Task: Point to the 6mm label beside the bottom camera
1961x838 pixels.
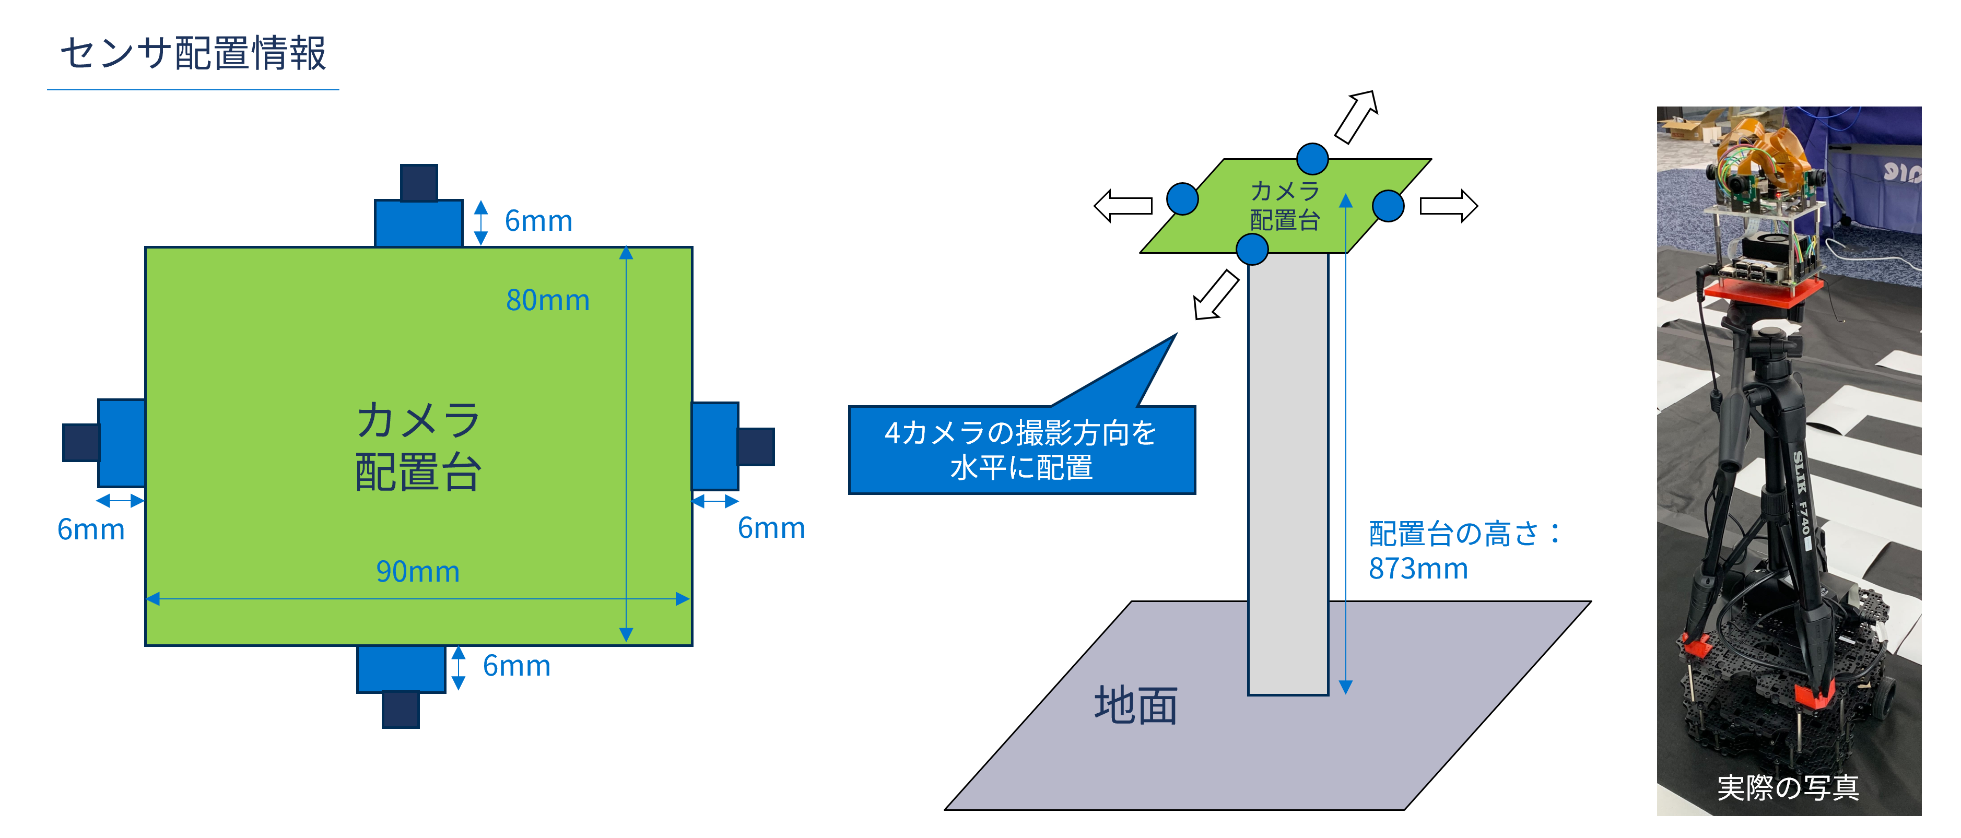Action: click(x=516, y=666)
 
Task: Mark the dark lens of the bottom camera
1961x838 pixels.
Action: click(x=401, y=710)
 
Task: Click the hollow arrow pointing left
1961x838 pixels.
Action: click(x=1123, y=206)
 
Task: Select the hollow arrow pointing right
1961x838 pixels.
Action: click(x=1449, y=206)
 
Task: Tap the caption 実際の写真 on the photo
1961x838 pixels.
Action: click(x=1788, y=788)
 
